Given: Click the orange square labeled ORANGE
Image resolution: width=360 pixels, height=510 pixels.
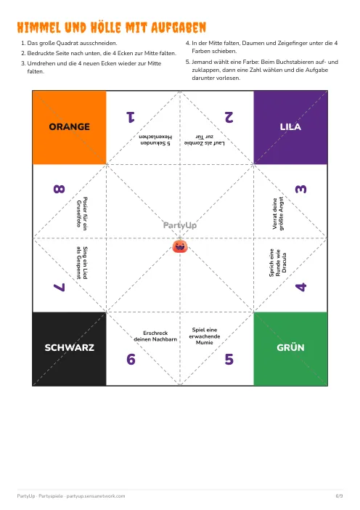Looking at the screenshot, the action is (x=70, y=128).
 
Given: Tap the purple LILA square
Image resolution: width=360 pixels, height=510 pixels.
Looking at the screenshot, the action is (x=290, y=128).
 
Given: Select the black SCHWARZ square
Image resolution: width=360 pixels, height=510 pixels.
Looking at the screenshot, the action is (x=70, y=349).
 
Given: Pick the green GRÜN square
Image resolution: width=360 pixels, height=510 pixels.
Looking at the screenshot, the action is (x=290, y=349).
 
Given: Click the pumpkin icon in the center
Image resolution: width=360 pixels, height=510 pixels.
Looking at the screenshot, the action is (x=180, y=246).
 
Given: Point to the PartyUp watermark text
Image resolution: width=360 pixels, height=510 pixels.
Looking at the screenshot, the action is (x=180, y=225).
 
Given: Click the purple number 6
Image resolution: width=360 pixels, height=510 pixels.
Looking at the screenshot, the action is (x=131, y=359).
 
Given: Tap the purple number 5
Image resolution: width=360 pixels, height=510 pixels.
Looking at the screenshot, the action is (x=229, y=359).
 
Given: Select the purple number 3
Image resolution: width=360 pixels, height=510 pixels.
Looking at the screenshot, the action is (x=300, y=189).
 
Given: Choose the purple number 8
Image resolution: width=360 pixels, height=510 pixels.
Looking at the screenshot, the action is (x=59, y=189).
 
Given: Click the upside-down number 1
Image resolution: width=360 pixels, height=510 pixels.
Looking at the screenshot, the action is (x=131, y=117).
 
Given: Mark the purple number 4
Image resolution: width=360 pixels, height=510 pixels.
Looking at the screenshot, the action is (x=300, y=287).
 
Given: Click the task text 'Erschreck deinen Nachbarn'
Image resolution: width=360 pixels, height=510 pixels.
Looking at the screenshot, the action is (x=155, y=336).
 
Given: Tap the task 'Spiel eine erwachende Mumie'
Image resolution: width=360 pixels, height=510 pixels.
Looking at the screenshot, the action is (x=205, y=336).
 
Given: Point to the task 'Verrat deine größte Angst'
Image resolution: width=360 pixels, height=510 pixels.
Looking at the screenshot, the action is (x=278, y=214).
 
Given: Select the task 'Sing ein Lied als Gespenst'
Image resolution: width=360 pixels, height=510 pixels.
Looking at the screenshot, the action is (x=82, y=263).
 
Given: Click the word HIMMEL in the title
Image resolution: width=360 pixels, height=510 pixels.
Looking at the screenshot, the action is (x=39, y=28).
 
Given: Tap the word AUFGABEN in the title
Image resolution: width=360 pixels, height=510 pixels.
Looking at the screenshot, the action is (x=179, y=28).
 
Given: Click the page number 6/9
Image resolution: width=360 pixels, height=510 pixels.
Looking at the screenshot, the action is (x=339, y=496).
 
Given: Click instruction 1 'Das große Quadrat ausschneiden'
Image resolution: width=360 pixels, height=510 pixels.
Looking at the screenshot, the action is (x=69, y=43).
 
